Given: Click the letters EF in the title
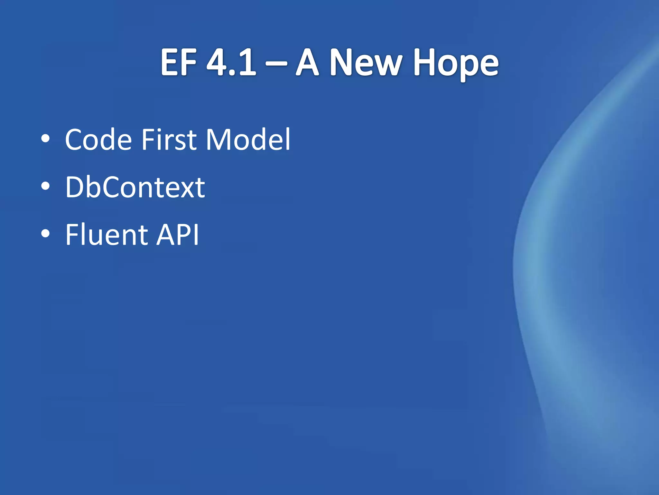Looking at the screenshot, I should click(179, 63).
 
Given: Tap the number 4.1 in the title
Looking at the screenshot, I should click(231, 63).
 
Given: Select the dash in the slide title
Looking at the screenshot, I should click(276, 63).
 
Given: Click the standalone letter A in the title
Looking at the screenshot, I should click(307, 63).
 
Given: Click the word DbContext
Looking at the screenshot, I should click(135, 187).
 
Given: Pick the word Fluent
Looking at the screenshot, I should click(107, 235).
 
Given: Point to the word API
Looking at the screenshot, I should click(178, 235).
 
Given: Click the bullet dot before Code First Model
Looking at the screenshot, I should click(46, 139).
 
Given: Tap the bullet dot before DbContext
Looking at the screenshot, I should click(46, 186).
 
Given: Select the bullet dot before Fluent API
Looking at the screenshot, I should click(46, 234).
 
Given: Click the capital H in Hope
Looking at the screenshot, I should click(424, 63).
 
